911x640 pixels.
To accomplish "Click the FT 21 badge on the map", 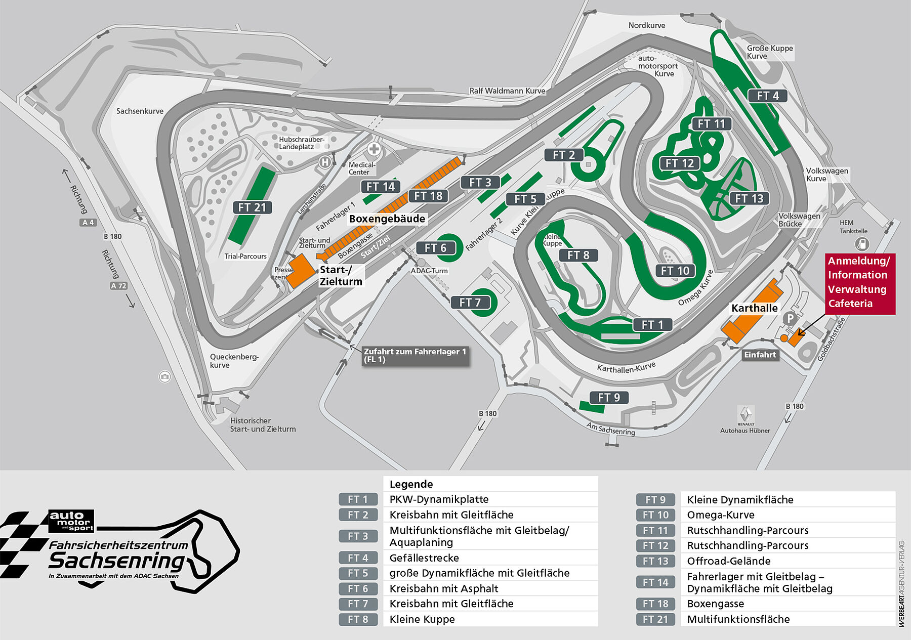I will (252, 207).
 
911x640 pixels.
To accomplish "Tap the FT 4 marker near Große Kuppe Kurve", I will (767, 96).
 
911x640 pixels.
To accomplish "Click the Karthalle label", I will (754, 308).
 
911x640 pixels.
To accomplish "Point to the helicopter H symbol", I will (325, 162).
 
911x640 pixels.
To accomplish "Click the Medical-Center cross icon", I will (374, 149).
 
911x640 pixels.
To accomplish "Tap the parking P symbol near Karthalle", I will (789, 319).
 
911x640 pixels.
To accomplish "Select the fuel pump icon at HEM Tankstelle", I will (861, 244).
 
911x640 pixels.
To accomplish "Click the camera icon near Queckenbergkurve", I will (164, 376).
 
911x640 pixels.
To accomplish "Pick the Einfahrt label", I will (760, 355).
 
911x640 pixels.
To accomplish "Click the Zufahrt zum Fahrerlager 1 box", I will (415, 355).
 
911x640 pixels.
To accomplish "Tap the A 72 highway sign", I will (118, 286).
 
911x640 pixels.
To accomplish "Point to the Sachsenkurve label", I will (140, 111).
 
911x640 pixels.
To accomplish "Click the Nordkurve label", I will (646, 25).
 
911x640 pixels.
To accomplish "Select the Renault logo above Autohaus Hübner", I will (746, 414).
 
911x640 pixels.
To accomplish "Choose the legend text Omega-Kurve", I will (721, 515).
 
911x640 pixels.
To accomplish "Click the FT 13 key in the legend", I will (655, 561).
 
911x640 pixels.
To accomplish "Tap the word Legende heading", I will (411, 484).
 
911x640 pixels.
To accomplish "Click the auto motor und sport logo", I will (71, 521).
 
